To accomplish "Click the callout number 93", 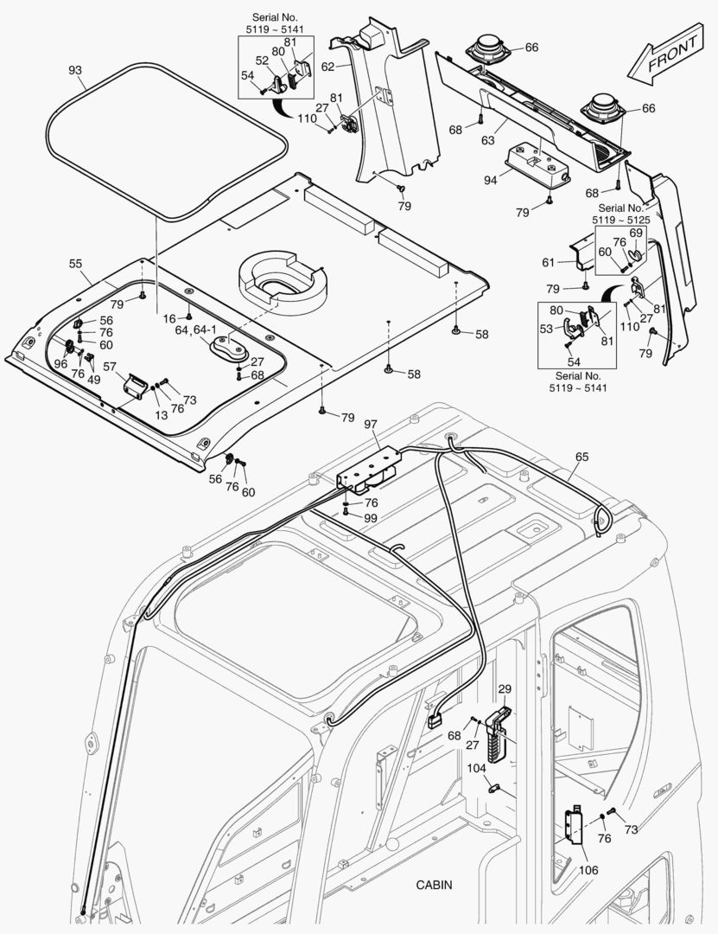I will point(75,69).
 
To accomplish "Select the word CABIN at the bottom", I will point(434,885).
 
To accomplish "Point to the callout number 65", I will point(581,455).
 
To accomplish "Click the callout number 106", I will point(588,869).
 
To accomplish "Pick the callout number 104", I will point(476,767).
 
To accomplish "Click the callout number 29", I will point(505,689).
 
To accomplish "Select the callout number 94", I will point(491,181).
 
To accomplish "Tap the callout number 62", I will point(328,65).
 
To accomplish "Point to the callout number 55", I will point(75,262).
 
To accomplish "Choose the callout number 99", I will point(371,517).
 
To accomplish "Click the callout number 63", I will point(488,138).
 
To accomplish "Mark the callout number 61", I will point(548,262).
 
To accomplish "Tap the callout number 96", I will point(60,364).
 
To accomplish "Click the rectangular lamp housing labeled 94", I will point(536,162).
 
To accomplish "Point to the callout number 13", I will point(160,415).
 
